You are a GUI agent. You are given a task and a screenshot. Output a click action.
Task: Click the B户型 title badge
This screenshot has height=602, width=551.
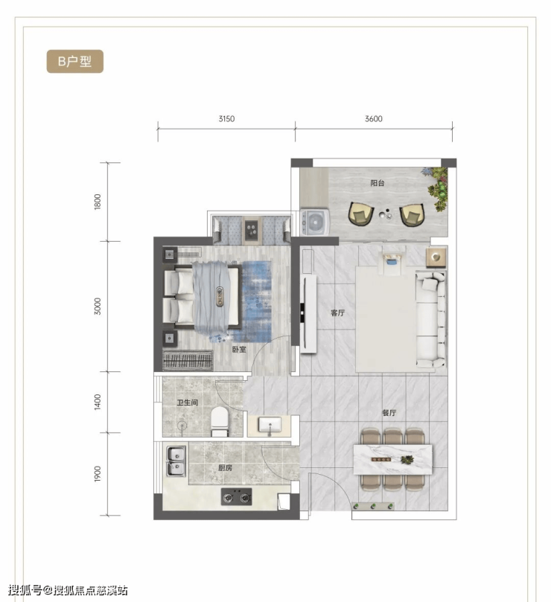pos(75,62)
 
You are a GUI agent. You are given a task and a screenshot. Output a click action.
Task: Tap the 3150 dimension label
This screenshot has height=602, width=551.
pos(226,118)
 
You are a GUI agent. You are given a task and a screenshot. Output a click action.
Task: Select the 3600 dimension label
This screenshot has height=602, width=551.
pos(374,118)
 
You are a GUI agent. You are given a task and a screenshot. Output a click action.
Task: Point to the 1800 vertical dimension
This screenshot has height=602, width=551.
pos(98,202)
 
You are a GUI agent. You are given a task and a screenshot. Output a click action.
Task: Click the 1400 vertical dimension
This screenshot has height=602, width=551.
pos(98,402)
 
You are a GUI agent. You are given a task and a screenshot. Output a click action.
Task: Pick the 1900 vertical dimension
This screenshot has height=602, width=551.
pos(98,474)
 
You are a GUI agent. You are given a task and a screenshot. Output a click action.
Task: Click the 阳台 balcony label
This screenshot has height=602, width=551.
pos(378,183)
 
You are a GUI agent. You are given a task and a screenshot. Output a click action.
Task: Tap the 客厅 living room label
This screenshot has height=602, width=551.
pos(337,313)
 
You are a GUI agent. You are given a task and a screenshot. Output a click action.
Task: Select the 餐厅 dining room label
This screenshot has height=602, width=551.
pos(389,413)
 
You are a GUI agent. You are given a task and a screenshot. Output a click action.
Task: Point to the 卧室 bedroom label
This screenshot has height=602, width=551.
pos(239,350)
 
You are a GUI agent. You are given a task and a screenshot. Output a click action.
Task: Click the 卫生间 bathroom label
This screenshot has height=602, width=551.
pos(188,403)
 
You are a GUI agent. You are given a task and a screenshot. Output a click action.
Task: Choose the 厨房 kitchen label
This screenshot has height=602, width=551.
pos(225,467)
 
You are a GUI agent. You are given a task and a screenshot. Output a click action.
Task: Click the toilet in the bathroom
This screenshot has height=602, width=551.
pos(220,422)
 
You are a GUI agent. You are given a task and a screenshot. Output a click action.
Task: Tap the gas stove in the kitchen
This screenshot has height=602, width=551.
pos(236,496)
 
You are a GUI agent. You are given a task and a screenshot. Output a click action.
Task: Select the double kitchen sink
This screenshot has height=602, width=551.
pos(176,462)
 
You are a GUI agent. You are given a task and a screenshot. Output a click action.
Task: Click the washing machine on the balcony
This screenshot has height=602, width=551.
pos(315,222)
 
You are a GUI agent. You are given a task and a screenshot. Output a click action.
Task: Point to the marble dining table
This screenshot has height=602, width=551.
pos(392,459)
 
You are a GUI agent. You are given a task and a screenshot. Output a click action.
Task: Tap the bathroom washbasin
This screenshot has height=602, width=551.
pos(270,426)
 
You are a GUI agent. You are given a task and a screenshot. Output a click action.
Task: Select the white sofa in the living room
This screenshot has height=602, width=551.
pos(430,318)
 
